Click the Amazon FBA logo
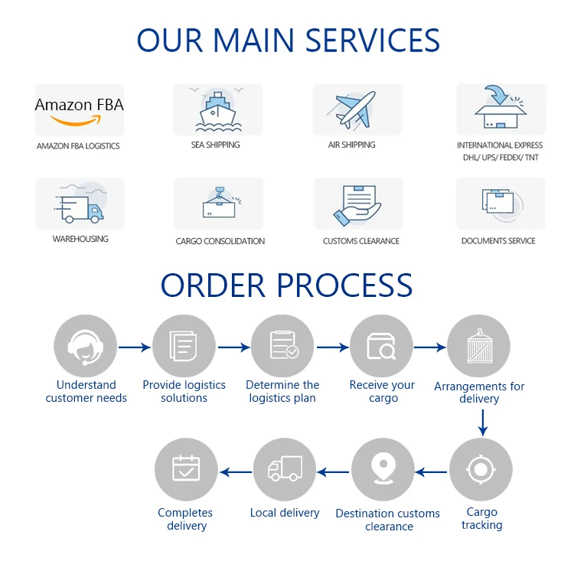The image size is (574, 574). pos(79,110)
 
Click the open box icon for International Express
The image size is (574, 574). pos(501,109)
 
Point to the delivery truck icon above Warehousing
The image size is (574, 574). pos(80,204)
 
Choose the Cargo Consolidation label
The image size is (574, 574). pos(220,241)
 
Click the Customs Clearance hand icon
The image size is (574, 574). pos(357,204)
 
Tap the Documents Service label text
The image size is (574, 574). pos(498,240)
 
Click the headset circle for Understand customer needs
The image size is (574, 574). pos(86,347)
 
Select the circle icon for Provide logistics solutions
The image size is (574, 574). pos(184,347)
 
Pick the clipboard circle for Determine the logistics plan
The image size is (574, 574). pos(283,347)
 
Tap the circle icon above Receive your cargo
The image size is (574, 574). pos(381,347)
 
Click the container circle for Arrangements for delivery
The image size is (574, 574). pos(478,347)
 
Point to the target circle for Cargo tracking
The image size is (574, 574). pos(481,469)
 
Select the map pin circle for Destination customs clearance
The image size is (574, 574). pos(383,469)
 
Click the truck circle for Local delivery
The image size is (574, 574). pos(284,469)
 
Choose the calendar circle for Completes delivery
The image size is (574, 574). pos(186,469)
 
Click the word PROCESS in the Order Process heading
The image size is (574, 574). pos(344,285)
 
